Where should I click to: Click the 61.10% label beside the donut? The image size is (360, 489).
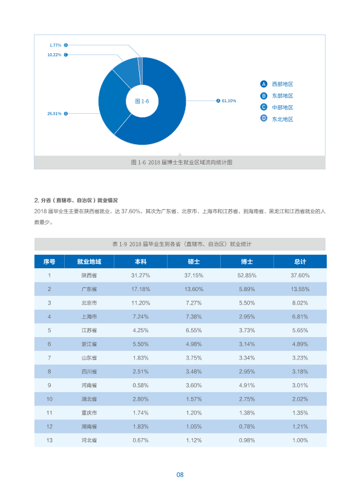point(229,100)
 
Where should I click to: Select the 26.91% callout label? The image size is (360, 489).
point(54,114)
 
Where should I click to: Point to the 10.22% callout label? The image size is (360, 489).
point(54,55)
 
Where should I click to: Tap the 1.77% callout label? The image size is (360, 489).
point(55,45)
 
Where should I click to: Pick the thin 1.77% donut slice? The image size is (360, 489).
point(140,70)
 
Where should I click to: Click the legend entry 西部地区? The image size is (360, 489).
point(283,84)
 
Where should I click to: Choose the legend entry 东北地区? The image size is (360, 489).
point(283,119)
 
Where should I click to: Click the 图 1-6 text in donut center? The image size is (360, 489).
point(142,101)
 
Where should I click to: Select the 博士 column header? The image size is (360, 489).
point(247,261)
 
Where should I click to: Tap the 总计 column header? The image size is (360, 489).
point(300,261)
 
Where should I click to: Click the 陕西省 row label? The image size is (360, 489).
point(89,275)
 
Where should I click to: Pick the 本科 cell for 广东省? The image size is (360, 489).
point(140,289)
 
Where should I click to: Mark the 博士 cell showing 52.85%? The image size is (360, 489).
point(247,275)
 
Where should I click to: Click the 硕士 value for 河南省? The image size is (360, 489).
point(194,385)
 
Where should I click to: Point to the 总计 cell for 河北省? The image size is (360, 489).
point(300,441)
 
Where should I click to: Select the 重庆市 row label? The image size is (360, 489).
point(89,413)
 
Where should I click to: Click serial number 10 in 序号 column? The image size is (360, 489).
point(49,399)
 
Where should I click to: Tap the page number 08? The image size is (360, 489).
point(180,474)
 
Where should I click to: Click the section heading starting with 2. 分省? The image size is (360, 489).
point(76,200)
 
